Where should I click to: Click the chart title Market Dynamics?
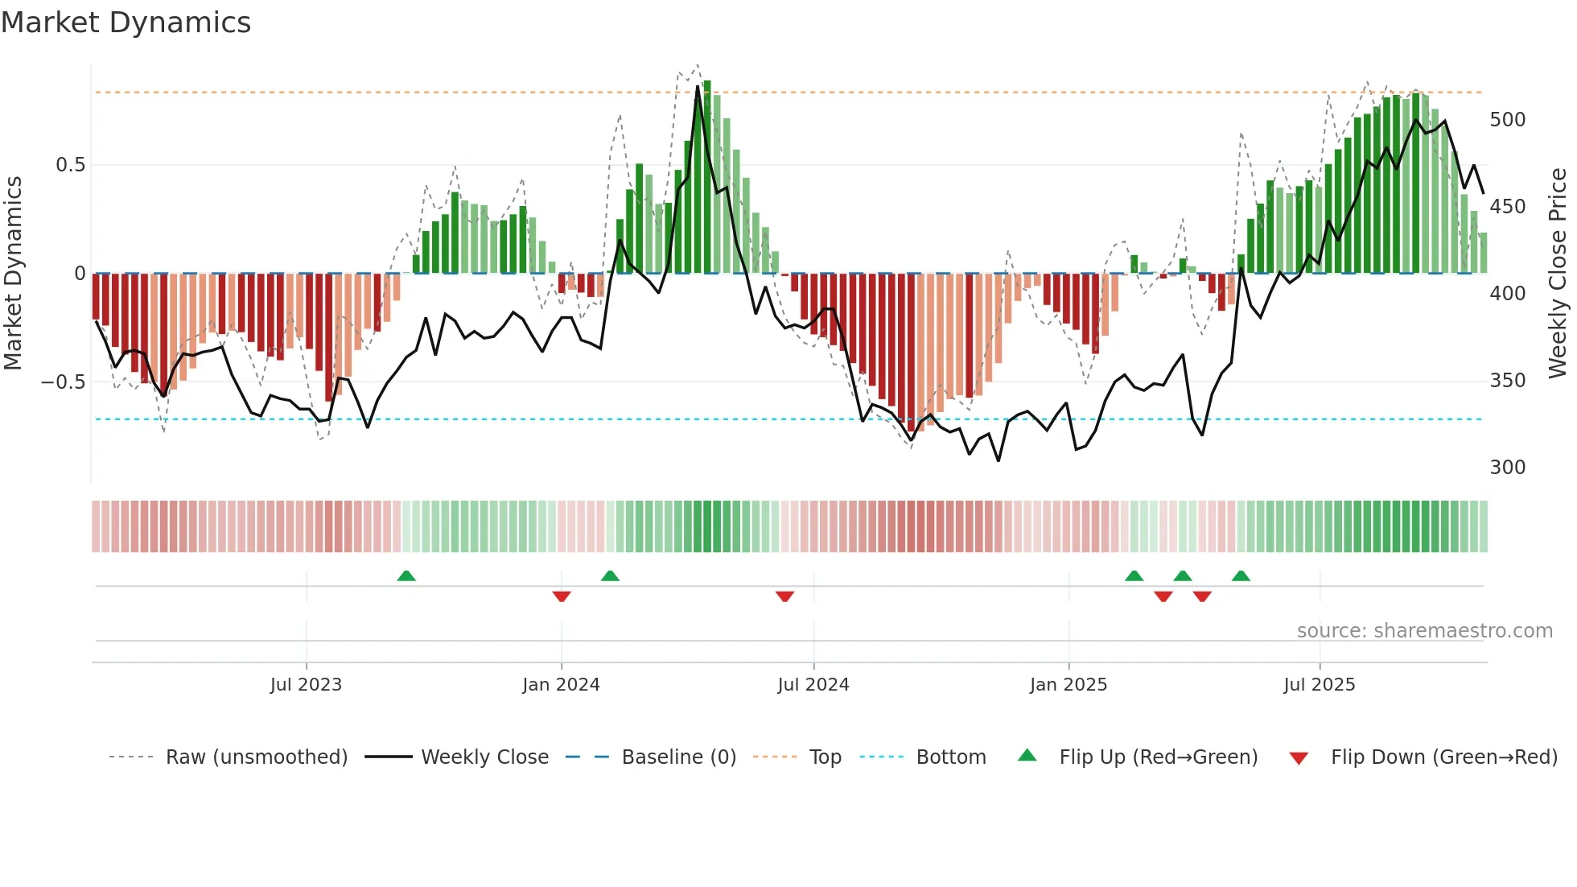coord(126,23)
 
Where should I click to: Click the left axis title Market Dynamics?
coord(14,274)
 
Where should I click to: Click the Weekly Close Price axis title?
coord(1558,274)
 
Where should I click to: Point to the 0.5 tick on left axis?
coord(70,165)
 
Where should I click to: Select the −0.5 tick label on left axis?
coord(64,382)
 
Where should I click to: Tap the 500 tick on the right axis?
coord(1507,120)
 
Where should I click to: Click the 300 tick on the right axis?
coord(1507,468)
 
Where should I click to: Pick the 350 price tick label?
coord(1507,381)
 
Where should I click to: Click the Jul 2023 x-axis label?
coord(306,685)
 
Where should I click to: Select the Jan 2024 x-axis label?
coord(561,685)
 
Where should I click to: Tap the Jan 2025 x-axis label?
coord(1068,685)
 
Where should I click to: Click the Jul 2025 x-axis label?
coord(1320,685)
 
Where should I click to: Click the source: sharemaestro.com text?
coord(1424,631)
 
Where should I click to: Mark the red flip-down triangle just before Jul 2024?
coord(784,596)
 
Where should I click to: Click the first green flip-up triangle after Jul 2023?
coord(406,576)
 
